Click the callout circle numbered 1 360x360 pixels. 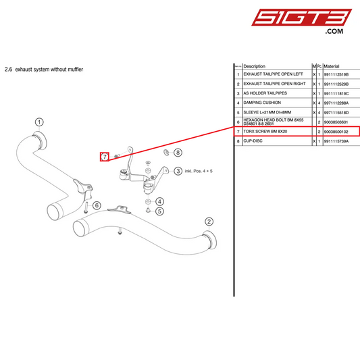point(39,122)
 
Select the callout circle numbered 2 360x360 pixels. point(209,222)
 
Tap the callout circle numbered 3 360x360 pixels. point(178,172)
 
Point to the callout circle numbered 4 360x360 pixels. point(159,201)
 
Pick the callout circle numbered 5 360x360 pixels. point(159,211)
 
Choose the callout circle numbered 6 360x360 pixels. point(97,205)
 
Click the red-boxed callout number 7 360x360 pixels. point(105,157)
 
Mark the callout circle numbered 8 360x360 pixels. point(178,153)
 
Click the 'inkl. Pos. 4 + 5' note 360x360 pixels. point(203,172)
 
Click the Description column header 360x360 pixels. point(254,66)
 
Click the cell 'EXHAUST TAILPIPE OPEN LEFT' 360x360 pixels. point(274,74)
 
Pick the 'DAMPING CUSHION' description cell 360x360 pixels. point(261,103)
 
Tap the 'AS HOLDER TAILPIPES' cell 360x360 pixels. point(266,93)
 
